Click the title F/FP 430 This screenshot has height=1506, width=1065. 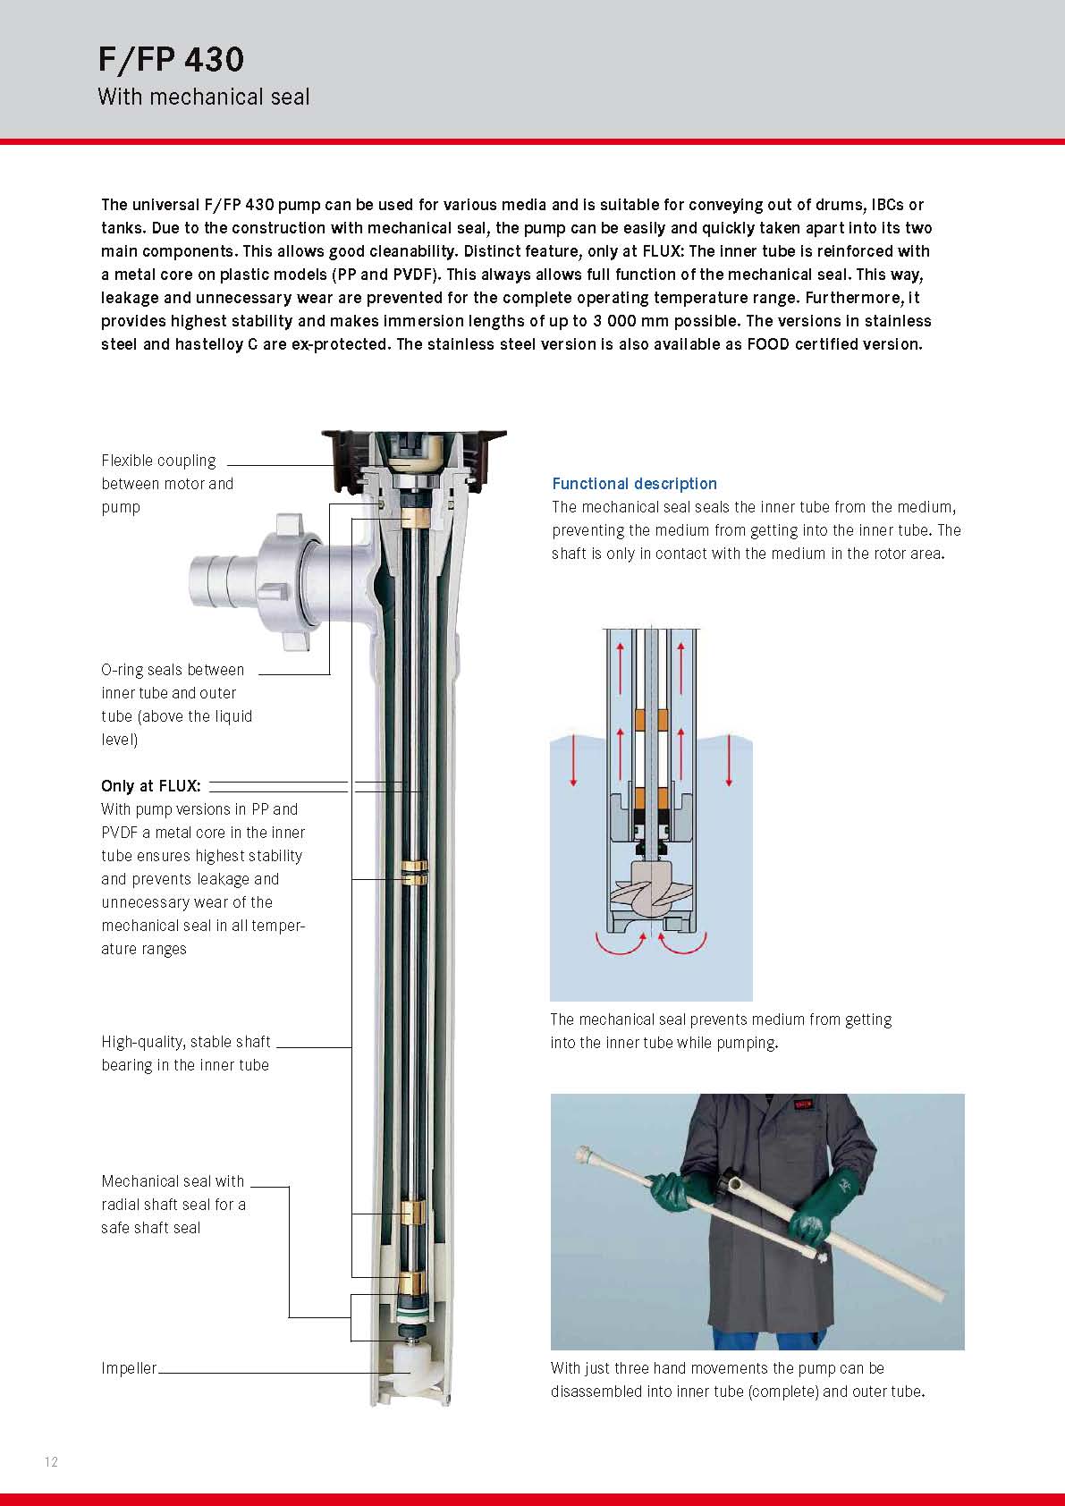point(171,60)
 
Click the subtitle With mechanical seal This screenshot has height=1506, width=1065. point(203,97)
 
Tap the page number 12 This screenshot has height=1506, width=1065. point(51,1461)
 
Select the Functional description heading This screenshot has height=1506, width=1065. point(634,484)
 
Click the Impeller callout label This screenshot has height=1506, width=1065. point(129,1368)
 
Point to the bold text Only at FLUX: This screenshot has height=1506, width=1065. point(151,786)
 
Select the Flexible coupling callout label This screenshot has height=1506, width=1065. point(167,484)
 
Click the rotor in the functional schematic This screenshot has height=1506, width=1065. point(650,889)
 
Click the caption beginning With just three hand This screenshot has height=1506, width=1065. point(737,1380)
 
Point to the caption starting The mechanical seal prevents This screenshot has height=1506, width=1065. point(721,1031)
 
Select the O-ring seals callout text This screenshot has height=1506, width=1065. point(176,705)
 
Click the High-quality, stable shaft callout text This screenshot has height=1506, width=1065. point(186,1053)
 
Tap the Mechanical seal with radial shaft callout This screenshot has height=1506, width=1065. point(173,1205)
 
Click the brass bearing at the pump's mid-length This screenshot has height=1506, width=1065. point(414,873)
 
